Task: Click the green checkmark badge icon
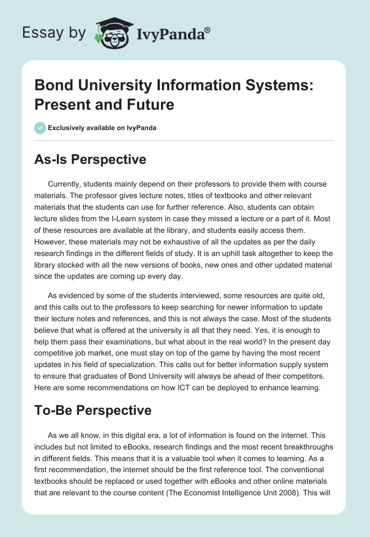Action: pos(40,128)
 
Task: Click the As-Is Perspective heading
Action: pos(90,159)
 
